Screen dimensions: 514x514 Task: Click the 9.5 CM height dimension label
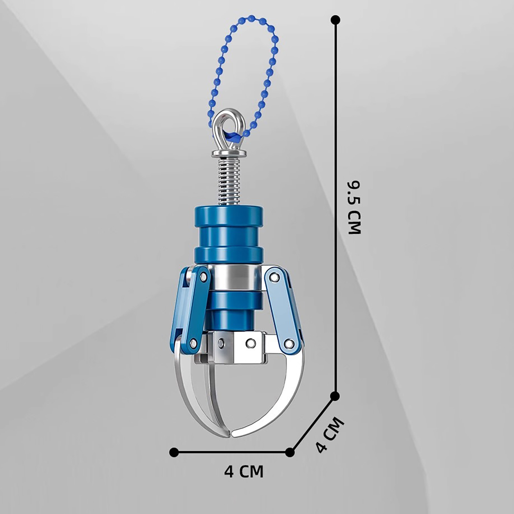pyautogui.click(x=355, y=208)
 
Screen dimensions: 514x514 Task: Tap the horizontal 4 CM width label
pyautogui.click(x=244, y=472)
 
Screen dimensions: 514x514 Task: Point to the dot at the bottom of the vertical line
pyautogui.click(x=335, y=396)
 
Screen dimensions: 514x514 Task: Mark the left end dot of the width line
pyautogui.click(x=174, y=452)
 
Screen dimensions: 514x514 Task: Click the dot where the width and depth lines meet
pyautogui.click(x=290, y=452)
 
